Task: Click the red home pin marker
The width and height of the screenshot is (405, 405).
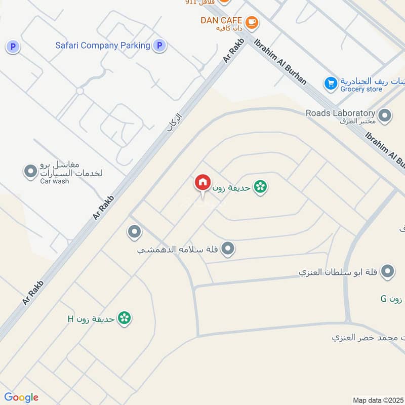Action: [202, 182]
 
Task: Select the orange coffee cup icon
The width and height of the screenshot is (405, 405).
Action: [252, 22]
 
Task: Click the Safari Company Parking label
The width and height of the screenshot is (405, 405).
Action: [103, 46]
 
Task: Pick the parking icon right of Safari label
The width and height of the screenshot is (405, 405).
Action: [159, 46]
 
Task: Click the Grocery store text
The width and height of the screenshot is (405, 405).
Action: [361, 90]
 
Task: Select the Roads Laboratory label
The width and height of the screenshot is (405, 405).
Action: [340, 113]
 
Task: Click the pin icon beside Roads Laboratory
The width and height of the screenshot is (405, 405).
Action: [385, 116]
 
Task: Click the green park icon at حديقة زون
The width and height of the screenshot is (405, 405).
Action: [261, 187]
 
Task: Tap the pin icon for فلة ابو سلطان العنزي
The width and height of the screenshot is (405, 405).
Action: [388, 272]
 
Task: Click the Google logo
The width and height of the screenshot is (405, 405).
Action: [21, 397]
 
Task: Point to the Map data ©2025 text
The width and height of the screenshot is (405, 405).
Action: [378, 400]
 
